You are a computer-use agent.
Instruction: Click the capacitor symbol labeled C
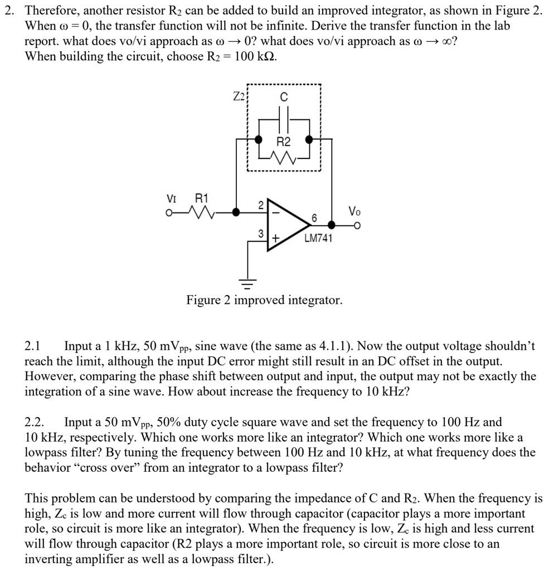coord(283,120)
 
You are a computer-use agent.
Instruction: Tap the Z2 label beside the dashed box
coord(239,95)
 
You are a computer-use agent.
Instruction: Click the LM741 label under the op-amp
coord(318,239)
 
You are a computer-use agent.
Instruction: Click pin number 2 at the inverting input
coord(260,205)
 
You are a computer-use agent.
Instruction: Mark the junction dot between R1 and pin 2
coord(236,212)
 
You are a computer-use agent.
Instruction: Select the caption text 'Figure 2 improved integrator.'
coord(264,301)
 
